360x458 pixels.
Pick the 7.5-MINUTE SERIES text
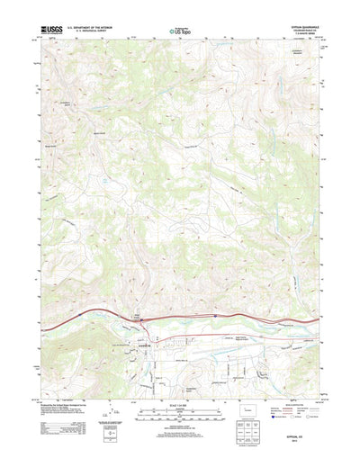pos(302,33)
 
